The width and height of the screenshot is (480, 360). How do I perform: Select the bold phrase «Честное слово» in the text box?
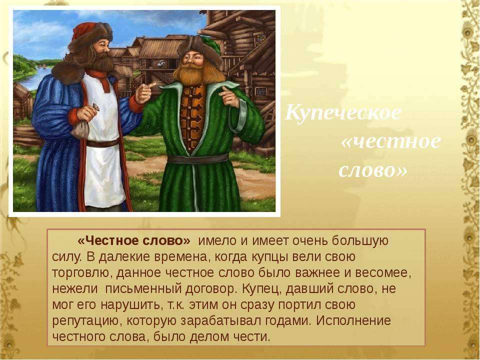134,241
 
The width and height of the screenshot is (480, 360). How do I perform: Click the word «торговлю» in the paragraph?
80,273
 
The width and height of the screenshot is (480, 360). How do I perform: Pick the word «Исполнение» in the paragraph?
353,320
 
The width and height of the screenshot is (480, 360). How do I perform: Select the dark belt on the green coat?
198,158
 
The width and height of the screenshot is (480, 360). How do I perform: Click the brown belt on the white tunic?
102,142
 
